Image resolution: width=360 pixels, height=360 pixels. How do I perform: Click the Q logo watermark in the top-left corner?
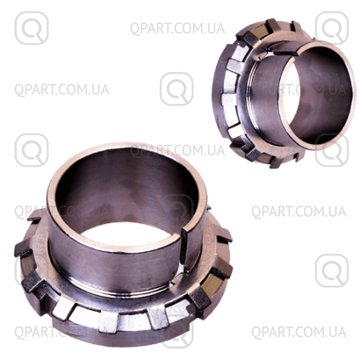point(31,28)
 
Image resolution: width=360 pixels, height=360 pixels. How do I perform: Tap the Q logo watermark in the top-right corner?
point(332,28)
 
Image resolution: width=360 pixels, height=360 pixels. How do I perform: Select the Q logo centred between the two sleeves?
point(177,89)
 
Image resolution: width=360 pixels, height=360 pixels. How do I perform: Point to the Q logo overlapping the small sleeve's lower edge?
point(332,150)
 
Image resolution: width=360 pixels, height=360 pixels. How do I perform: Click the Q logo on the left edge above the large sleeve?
point(31,150)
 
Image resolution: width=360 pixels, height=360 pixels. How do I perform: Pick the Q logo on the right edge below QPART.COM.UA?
point(332,270)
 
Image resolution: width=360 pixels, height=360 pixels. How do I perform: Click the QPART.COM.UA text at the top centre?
point(178,29)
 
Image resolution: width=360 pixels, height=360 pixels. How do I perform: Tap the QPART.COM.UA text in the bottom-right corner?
point(298,332)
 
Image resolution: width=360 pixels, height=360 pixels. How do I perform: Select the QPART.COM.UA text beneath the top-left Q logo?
point(62,90)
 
